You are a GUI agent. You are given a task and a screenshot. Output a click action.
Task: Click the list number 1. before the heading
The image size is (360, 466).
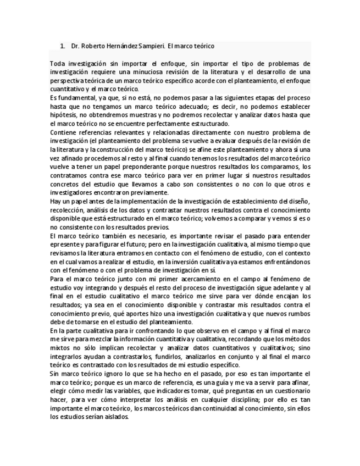pyautogui.click(x=63, y=46)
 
